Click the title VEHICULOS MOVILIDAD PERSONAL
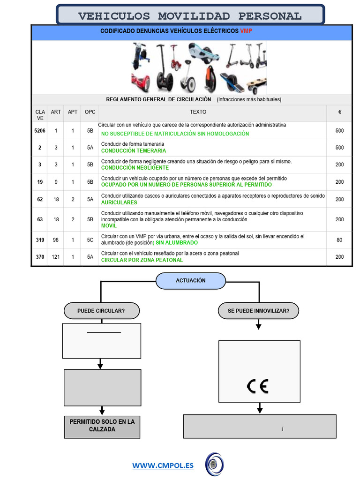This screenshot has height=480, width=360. coord(190,16)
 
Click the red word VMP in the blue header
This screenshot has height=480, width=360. coord(246,31)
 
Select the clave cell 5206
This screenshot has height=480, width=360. coord(40,131)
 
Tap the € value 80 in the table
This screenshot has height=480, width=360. coord(339,240)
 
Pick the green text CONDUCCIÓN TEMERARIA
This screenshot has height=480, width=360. coord(134,151)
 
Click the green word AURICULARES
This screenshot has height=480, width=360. coord(119,202)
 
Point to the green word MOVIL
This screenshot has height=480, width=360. coord(109,225)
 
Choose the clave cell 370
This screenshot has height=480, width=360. coord(40,257)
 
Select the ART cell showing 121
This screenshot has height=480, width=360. coord(56,257)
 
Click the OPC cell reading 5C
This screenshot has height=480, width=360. coord(90,240)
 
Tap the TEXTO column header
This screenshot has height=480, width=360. coord(198,112)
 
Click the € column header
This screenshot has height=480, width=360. coord(339,112)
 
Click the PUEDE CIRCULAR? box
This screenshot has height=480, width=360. coord(101,310)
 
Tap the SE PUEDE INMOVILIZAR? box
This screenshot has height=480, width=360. coord(258,310)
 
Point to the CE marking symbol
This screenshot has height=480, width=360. coord(257,386)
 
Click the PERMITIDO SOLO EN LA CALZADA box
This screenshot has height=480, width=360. coord(102,426)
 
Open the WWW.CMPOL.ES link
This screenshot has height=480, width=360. coord(163,465)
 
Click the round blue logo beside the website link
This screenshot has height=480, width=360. coord(215,464)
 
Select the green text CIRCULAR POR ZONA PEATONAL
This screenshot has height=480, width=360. coord(142,260)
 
